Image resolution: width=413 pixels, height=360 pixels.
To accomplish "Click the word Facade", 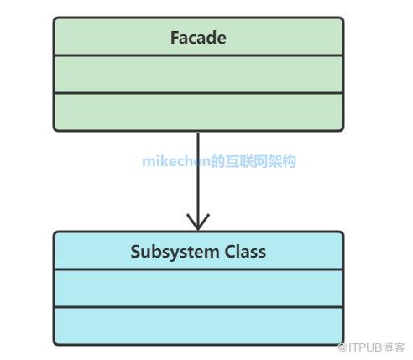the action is pos(198,38).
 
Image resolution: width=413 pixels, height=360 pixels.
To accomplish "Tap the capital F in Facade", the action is pos(175,38).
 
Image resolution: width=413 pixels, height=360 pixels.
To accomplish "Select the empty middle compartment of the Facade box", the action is pos(198,75).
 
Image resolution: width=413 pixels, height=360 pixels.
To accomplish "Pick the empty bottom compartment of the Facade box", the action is pos(198,112).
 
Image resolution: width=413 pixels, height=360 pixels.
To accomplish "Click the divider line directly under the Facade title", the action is pos(198,55).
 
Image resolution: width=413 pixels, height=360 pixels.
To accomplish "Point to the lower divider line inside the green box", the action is pos(198,93).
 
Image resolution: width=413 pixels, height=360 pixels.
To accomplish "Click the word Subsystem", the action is pos(175,253).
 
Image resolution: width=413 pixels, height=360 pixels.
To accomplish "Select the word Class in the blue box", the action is pos(245,252).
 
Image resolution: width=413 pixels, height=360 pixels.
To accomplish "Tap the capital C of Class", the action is pos(229,252).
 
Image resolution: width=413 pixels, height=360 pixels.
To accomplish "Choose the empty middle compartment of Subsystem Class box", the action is pos(198,289).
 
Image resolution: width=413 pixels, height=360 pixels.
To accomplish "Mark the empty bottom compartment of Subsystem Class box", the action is pos(198,326).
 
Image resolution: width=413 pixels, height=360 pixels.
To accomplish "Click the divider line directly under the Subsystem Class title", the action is pos(198,269).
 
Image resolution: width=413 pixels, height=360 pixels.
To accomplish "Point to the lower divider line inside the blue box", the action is pos(198,307).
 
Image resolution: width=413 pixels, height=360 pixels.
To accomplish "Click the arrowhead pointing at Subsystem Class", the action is pos(198,224).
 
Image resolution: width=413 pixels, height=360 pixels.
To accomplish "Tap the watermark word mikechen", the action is pos(176,162).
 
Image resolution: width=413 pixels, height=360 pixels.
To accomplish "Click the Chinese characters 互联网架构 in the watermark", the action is pos(260,162).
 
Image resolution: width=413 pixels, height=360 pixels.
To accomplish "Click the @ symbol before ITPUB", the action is pos(342,348).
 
